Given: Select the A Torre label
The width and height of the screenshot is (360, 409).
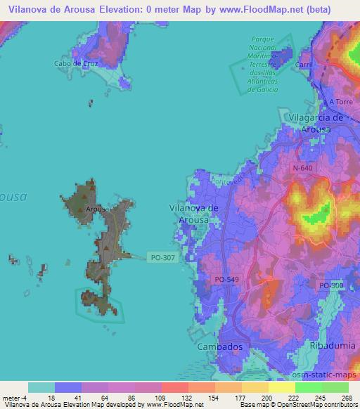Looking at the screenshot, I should (x=340, y=102).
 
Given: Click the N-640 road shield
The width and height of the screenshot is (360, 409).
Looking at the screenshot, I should (x=304, y=169).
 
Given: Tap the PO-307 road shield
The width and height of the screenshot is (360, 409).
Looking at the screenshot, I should (x=163, y=257).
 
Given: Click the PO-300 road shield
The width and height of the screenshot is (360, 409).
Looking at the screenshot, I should (x=331, y=285).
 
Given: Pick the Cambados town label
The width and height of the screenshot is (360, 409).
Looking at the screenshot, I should (x=219, y=347).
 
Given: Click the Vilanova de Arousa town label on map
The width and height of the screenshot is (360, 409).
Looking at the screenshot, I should (x=195, y=214).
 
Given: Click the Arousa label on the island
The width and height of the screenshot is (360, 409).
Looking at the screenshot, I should (x=96, y=209).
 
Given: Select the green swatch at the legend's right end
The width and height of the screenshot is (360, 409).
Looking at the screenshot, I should (x=335, y=387).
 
